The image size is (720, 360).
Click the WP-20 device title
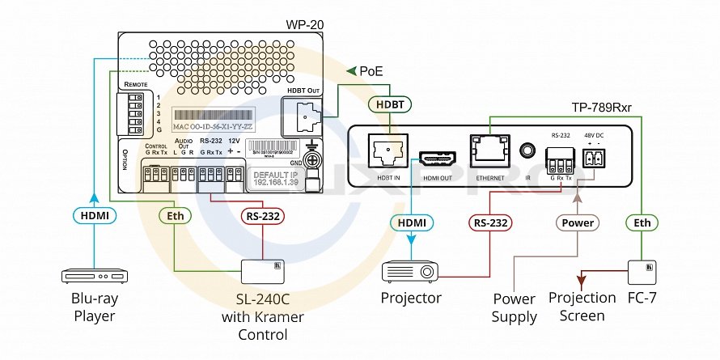(305, 25)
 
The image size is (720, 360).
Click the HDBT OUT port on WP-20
(304, 116)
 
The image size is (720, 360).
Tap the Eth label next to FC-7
(642, 222)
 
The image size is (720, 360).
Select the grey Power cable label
(578, 222)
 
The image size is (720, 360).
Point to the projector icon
(411, 271)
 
